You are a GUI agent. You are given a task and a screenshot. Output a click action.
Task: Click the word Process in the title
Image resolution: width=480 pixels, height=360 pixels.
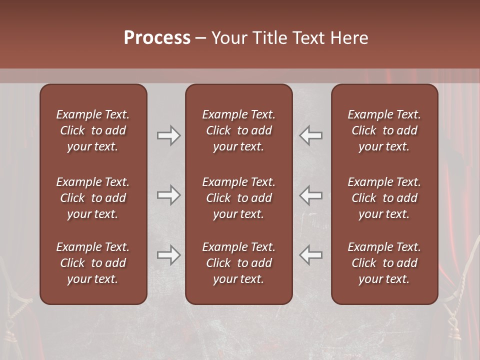(x=157, y=38)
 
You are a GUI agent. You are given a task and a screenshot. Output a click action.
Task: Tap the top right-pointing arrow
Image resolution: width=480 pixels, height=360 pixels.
(x=168, y=135)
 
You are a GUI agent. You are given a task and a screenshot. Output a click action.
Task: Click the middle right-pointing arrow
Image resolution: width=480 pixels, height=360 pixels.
(x=168, y=195)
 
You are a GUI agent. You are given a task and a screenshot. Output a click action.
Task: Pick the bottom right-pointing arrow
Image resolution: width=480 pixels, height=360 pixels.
(x=168, y=255)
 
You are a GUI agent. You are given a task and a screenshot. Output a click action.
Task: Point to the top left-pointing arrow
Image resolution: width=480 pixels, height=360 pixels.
(x=311, y=135)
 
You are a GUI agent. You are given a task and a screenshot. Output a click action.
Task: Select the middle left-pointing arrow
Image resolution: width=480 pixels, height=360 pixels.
(x=311, y=195)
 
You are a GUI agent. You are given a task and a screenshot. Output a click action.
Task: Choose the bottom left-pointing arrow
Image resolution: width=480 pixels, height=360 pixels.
(x=311, y=255)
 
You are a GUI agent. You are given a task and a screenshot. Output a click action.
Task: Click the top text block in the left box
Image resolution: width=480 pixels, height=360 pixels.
(x=93, y=130)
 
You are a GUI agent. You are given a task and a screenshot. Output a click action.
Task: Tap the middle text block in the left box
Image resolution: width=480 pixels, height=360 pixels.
(x=93, y=198)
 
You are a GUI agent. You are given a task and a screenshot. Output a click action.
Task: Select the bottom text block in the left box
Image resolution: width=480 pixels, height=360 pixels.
(x=93, y=263)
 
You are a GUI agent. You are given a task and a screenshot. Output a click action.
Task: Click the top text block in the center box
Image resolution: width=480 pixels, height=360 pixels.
(x=238, y=130)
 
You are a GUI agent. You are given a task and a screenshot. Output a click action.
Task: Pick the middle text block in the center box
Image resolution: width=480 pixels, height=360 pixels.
(x=238, y=198)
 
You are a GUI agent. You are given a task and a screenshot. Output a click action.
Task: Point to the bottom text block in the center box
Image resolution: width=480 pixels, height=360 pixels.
(x=238, y=263)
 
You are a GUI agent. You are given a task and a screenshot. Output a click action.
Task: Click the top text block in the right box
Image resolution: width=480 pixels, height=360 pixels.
(x=384, y=130)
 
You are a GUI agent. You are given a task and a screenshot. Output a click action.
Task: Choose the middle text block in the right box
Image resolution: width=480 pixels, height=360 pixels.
(x=384, y=198)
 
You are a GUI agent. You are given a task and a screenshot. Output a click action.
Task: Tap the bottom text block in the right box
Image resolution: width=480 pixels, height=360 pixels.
(x=384, y=263)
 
